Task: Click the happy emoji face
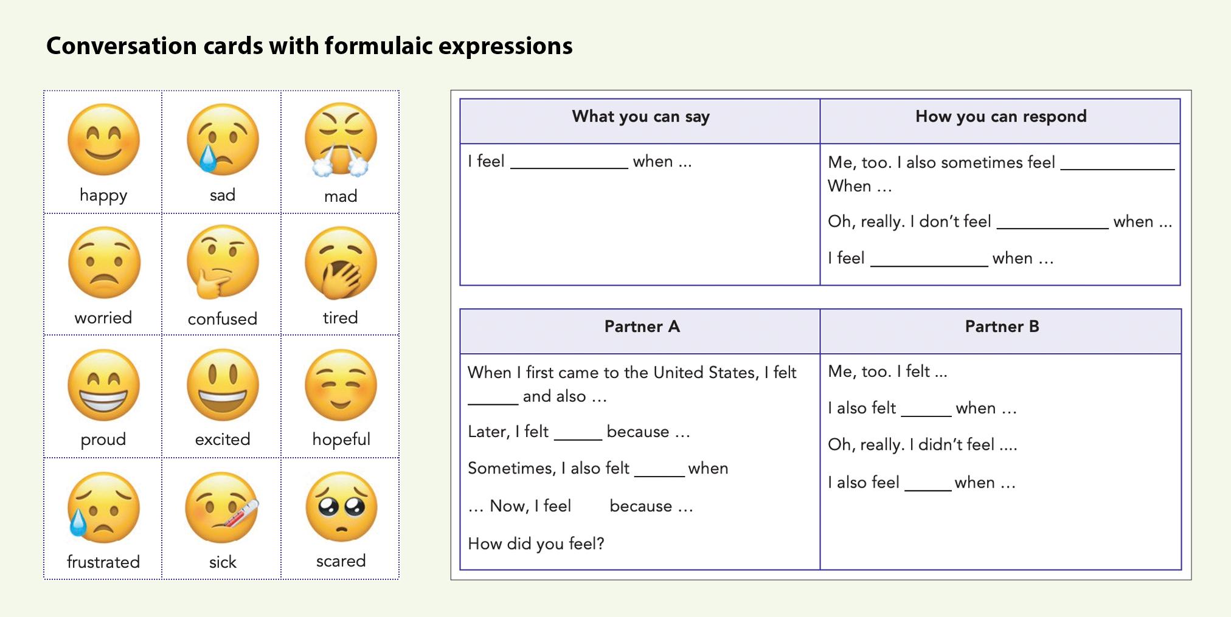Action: coord(103,140)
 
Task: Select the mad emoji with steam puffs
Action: coord(341,140)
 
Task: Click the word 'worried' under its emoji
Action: coord(103,318)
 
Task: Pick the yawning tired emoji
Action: coord(341,263)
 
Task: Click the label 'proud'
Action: coord(103,439)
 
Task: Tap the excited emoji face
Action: coord(223,385)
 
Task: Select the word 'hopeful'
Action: coord(341,439)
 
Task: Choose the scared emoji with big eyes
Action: coord(341,507)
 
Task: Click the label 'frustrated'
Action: coord(103,562)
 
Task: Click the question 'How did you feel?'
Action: coord(536,543)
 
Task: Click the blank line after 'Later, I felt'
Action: coord(578,439)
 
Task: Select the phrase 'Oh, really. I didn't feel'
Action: coord(911,444)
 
